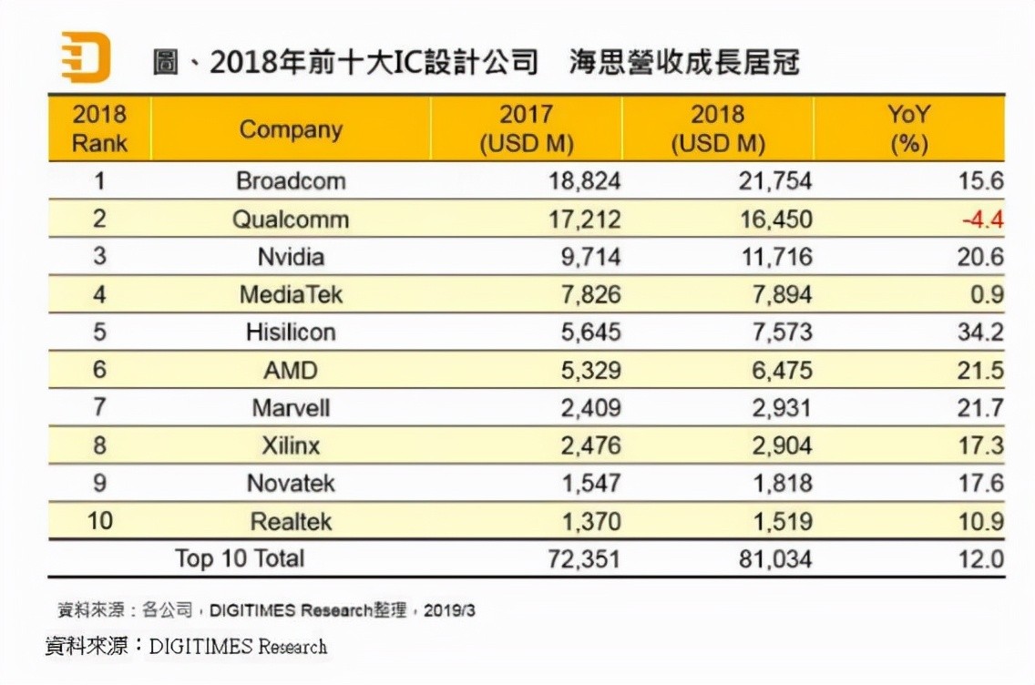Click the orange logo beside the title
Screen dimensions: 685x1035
(x=85, y=56)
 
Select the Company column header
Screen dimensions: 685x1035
(x=291, y=129)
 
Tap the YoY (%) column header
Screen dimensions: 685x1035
(x=907, y=129)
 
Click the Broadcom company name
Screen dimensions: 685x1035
(x=291, y=180)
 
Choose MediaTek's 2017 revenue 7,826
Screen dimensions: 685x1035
(x=585, y=294)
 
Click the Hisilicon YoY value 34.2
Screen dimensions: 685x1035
(x=980, y=332)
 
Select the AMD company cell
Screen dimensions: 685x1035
(x=291, y=370)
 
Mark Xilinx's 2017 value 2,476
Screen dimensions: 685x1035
(x=585, y=445)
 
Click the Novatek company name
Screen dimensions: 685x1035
(x=291, y=484)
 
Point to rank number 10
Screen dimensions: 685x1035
(x=99, y=521)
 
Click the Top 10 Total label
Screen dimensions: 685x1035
(x=240, y=558)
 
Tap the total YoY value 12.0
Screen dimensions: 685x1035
(x=980, y=558)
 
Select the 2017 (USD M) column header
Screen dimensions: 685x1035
(x=526, y=129)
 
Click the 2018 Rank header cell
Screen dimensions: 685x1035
(x=99, y=129)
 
